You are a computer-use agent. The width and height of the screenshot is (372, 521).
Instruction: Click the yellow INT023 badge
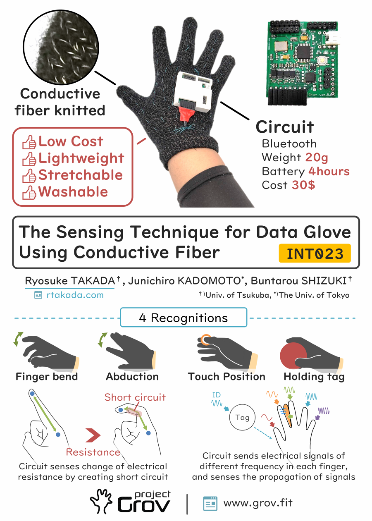coord(315,253)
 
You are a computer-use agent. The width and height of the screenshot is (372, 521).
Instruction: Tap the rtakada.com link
coord(75,295)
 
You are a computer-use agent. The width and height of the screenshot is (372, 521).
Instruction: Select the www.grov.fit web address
coord(258,503)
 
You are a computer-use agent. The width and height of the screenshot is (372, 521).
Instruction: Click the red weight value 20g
coord(317,158)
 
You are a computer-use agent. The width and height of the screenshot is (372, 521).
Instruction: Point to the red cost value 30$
coord(303,185)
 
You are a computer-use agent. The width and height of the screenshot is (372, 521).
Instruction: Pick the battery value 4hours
coord(329,172)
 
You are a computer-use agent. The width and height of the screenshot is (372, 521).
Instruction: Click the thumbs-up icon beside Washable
coord(29,192)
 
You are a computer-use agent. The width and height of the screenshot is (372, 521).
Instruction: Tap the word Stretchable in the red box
coord(81,175)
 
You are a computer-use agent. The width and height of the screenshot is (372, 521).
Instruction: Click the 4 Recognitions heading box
coord(184,317)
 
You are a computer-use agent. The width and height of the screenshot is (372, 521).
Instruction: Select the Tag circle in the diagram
coord(242,417)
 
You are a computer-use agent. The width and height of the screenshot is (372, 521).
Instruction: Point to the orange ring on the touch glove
coord(206,340)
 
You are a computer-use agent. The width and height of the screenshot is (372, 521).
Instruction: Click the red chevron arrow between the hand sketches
coord(93,435)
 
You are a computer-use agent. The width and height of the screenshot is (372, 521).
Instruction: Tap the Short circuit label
coord(135,397)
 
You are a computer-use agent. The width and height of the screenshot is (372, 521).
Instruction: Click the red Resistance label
coord(93,452)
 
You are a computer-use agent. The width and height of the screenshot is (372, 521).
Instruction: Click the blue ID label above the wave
coord(216,395)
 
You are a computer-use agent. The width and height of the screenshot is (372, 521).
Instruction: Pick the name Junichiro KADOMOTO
coord(185,281)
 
